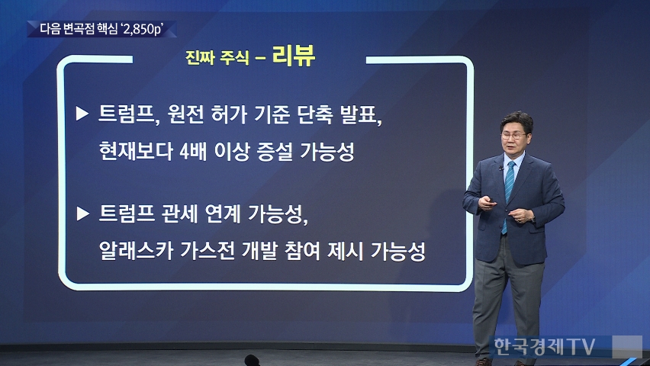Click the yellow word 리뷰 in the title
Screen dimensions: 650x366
tap(294, 56)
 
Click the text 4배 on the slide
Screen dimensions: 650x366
tap(193, 151)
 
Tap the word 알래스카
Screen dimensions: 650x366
tap(136, 250)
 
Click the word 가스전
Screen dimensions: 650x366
tap(208, 250)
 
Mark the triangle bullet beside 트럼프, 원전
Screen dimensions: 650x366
tap(82, 114)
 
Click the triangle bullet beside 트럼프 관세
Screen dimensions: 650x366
tap(83, 213)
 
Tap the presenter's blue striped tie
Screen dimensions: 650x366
tap(508, 194)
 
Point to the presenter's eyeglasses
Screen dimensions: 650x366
tap(513, 136)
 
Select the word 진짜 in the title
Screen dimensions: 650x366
tap(198, 58)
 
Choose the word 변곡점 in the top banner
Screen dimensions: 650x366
tap(80, 30)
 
